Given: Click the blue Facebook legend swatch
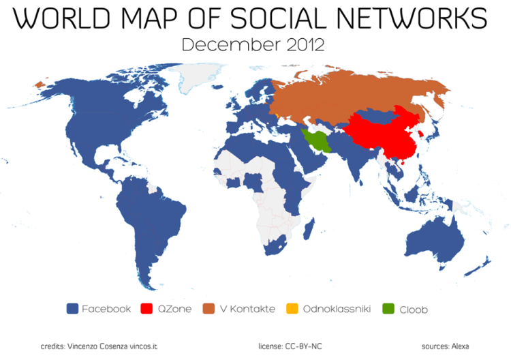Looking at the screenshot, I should [72, 309].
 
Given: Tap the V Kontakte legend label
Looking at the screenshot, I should [247, 309].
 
